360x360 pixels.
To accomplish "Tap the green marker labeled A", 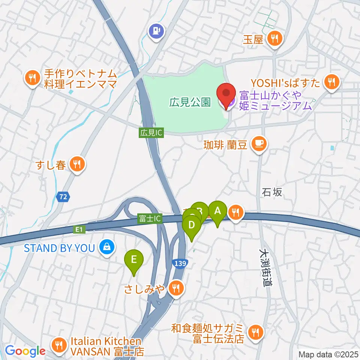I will pos(217,212).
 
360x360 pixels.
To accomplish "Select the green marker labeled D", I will pos(192,226).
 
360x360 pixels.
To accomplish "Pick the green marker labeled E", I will pos(134,260).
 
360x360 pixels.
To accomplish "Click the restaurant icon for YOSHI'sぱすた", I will pos(331,81).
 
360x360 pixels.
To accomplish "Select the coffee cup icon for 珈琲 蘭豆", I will pos(259,143).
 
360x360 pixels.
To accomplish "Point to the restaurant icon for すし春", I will pos(77,164).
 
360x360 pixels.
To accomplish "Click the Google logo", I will pos(25,351).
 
